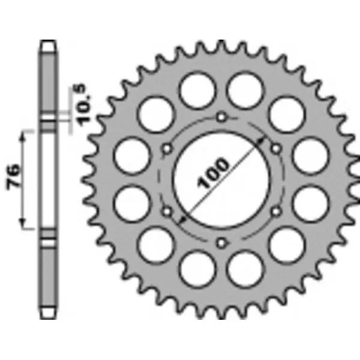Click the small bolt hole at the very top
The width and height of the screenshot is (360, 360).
pos(221,116)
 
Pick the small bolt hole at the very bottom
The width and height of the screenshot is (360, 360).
pos(221,243)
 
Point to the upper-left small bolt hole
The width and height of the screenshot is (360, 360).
pos(167,148)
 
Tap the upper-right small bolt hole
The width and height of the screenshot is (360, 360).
pos(276,148)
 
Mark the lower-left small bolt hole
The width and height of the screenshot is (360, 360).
pos(167,211)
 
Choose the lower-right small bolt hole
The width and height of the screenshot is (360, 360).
pos(276,211)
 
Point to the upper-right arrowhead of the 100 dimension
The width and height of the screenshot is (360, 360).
pos(262,139)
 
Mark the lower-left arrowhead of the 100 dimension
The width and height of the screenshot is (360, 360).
pos(181,220)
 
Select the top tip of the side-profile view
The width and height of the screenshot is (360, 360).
pos(49,42)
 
